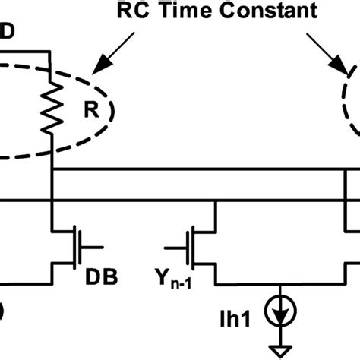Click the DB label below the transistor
tap(104, 277)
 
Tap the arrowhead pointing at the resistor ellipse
tap(96, 73)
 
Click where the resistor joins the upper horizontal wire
tap(50, 172)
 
